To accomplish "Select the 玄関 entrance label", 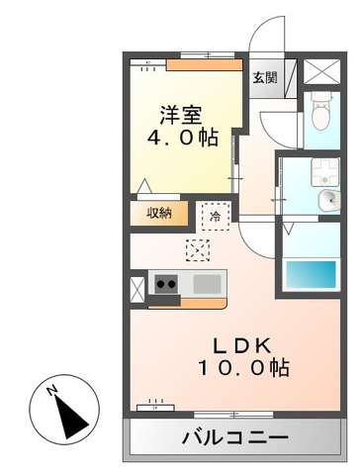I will coord(263,77).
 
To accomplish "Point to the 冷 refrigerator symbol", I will coord(214,215).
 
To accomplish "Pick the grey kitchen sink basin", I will coord(208,285).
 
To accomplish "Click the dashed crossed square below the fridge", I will coord(198,249).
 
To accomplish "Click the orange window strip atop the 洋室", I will coord(204,66).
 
